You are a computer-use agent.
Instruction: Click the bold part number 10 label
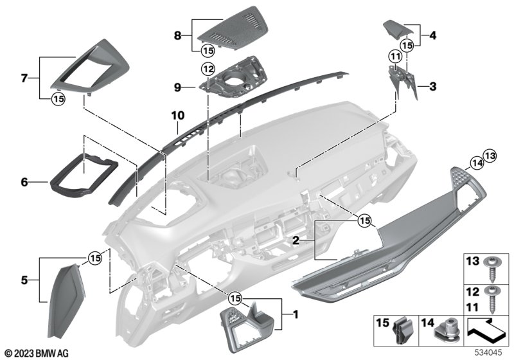click(x=177, y=116)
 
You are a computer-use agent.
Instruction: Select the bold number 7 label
click(x=24, y=78)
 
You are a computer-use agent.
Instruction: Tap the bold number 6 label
click(x=24, y=183)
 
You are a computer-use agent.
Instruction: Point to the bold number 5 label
click(x=24, y=280)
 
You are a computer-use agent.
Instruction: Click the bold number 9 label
click(x=177, y=85)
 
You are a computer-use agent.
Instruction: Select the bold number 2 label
click(x=296, y=240)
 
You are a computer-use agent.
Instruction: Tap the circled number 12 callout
click(x=207, y=69)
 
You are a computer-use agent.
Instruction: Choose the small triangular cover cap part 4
click(x=396, y=30)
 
